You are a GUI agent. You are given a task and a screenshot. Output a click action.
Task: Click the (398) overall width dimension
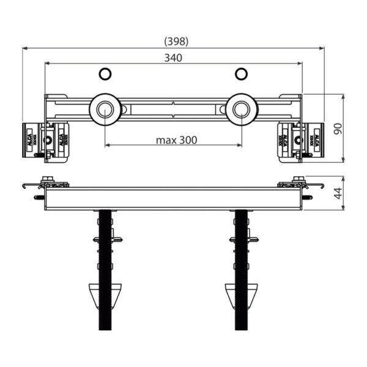[176, 41]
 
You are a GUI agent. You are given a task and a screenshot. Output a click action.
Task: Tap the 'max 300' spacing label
[176, 139]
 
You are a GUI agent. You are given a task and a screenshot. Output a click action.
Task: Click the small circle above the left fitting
[106, 75]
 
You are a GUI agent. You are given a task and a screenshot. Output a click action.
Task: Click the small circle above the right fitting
[242, 75]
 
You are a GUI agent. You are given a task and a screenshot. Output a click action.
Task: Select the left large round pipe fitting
[105, 110]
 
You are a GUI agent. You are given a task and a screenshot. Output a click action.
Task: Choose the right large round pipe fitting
[242, 110]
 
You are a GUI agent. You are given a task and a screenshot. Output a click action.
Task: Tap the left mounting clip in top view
[47, 140]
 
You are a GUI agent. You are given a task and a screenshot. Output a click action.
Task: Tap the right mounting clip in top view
[299, 140]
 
